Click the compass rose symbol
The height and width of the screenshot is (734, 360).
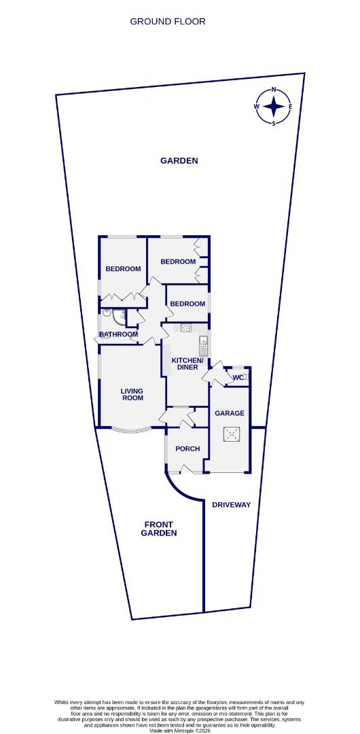click(273, 107)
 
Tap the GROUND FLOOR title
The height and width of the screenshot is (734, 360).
click(168, 21)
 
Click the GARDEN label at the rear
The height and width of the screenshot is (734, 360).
click(179, 161)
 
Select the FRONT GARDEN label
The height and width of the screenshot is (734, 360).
click(158, 529)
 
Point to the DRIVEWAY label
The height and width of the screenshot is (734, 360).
click(232, 505)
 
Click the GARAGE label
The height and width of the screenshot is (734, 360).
click(230, 413)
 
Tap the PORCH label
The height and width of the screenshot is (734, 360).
click(187, 449)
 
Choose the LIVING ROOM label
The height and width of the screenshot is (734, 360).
click(132, 394)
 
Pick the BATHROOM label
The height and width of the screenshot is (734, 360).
click(119, 334)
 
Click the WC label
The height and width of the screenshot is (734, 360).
click(238, 378)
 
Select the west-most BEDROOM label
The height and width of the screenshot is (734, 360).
click(123, 269)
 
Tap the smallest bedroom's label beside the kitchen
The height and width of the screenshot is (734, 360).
click(187, 304)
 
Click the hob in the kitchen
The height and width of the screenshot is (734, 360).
click(185, 328)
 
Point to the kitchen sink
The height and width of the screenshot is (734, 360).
click(202, 341)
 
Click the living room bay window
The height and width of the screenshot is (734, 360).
click(131, 430)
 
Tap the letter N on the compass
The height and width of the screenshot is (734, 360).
click(274, 90)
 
